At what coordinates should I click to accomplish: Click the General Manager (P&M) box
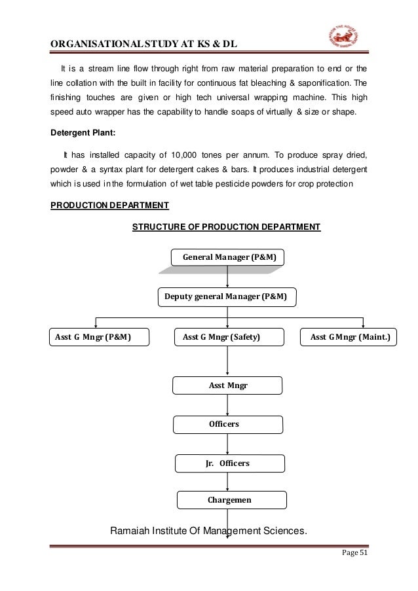pos(228,258)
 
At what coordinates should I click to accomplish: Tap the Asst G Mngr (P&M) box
pos(99,337)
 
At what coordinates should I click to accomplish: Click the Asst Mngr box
pos(228,385)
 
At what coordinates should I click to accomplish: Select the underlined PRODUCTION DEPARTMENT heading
pos(110,205)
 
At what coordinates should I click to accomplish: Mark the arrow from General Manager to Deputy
pos(227,276)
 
